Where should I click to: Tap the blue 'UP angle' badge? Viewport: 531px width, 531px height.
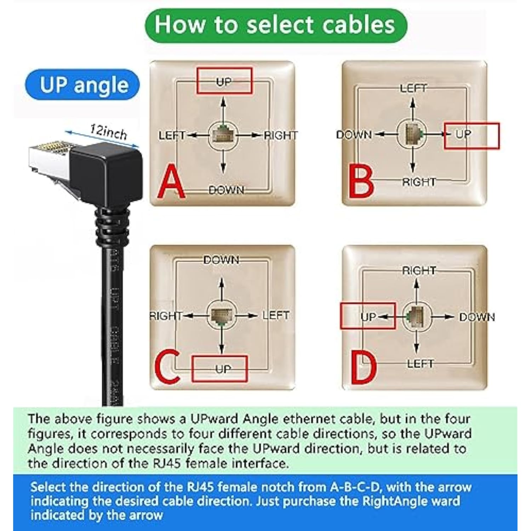pyautogui.click(x=82, y=85)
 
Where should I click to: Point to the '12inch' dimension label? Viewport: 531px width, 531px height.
pyautogui.click(x=108, y=132)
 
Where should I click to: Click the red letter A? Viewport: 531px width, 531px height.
pyautogui.click(x=171, y=181)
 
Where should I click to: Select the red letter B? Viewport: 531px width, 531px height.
pyautogui.click(x=361, y=182)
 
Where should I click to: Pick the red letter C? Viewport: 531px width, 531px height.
pyautogui.click(x=167, y=367)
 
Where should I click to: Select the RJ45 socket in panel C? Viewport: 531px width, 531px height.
pyautogui.click(x=222, y=315)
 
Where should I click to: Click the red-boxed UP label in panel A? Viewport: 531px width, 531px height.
pyautogui.click(x=224, y=81)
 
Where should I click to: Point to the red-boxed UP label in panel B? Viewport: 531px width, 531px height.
pyautogui.click(x=464, y=135)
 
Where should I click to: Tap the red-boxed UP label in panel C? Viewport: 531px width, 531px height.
pyautogui.click(x=223, y=369)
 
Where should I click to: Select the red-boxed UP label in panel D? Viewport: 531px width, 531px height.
pyautogui.click(x=368, y=316)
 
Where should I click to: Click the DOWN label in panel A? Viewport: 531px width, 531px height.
pyautogui.click(x=226, y=190)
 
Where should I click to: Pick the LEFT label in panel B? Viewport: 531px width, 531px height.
pyautogui.click(x=413, y=88)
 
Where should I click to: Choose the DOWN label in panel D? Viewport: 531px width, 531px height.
pyautogui.click(x=477, y=317)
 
